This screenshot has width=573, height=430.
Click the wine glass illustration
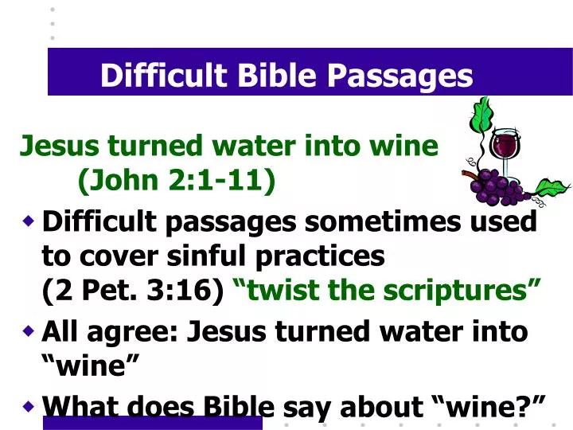tap(504, 147)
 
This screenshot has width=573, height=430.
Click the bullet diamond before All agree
tap(29, 330)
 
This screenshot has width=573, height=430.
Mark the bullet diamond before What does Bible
tap(29, 406)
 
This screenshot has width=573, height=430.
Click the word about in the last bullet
tap(379, 407)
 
